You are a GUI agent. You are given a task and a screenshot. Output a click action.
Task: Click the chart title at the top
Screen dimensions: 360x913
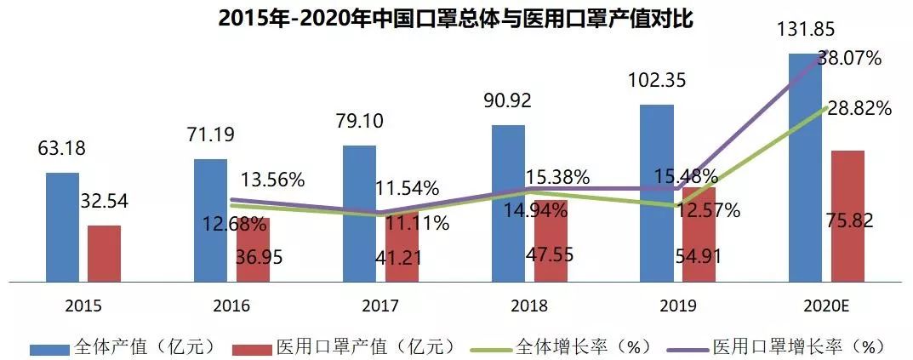(x=456, y=18)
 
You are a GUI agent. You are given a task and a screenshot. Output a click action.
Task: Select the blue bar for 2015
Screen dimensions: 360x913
(x=62, y=226)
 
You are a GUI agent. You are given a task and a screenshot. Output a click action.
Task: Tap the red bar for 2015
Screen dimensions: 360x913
(x=104, y=253)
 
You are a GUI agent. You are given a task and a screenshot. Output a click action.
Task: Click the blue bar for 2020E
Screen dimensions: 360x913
(x=805, y=167)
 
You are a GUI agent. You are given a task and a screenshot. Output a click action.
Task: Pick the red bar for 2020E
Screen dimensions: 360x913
(x=847, y=215)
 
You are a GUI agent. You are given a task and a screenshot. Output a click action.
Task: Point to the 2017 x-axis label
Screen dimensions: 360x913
(x=379, y=306)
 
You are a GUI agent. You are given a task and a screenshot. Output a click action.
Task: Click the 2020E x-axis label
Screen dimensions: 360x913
(x=826, y=306)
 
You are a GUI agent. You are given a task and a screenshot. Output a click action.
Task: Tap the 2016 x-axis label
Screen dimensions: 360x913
(x=231, y=306)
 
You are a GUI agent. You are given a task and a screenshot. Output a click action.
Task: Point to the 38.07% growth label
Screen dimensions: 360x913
(x=848, y=58)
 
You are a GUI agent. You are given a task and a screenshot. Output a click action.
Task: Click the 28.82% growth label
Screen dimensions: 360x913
(x=859, y=109)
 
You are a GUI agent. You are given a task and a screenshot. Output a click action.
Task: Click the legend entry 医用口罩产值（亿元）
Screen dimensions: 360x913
(x=349, y=347)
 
